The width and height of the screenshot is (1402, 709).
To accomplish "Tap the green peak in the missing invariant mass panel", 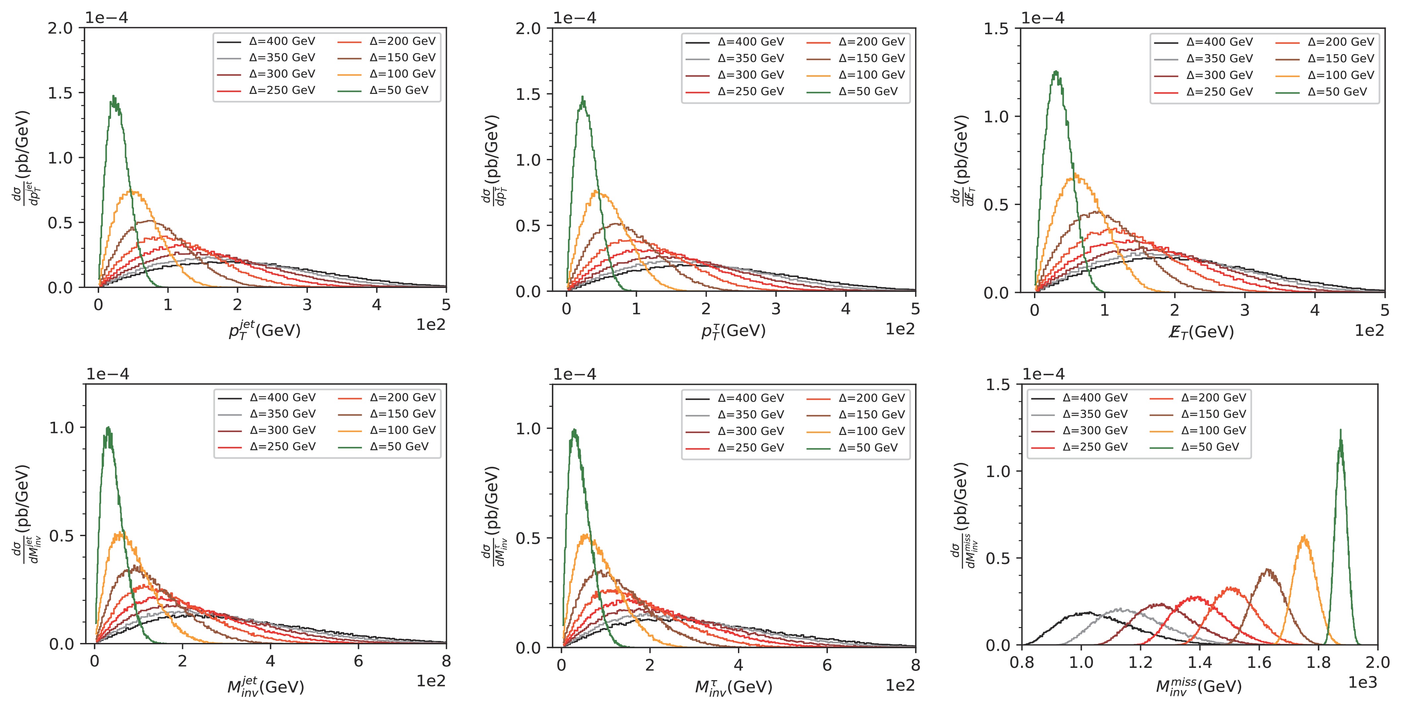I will [x=1340, y=431].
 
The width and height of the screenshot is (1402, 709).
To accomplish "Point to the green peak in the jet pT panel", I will [x=114, y=97].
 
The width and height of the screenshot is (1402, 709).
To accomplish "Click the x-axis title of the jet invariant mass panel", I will [x=266, y=687].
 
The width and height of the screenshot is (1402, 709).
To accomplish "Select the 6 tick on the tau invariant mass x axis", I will [x=827, y=666].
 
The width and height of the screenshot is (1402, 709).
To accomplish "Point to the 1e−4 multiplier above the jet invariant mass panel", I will [x=107, y=375].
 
